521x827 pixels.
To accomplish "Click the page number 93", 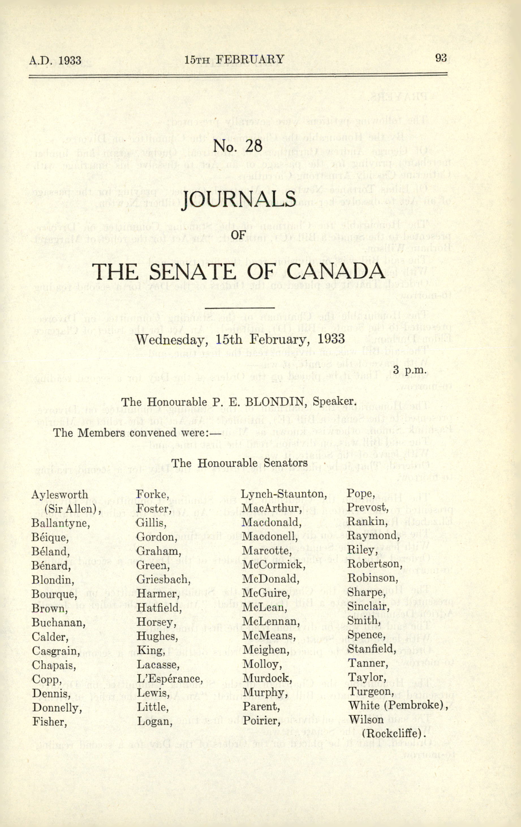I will tap(441, 58).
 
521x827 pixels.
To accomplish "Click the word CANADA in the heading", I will tap(335, 271).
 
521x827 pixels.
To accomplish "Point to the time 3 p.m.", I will tap(410, 371).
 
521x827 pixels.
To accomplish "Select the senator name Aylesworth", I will tap(60, 495).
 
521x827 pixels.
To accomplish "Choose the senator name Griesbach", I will tap(163, 579).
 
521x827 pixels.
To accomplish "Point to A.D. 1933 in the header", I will tap(55, 61).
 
